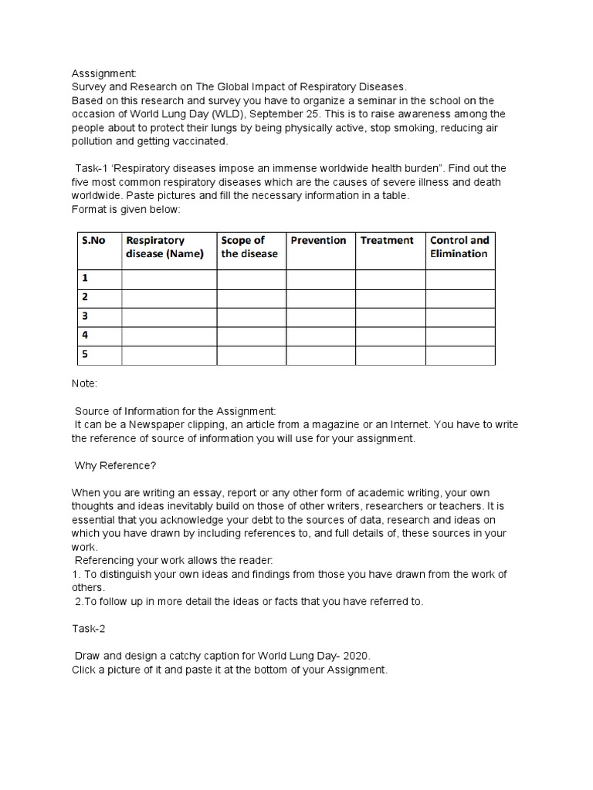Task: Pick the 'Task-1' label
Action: tap(92, 169)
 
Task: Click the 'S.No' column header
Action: tap(93, 241)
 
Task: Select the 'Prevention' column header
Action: tap(318, 241)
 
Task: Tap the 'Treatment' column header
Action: tap(387, 241)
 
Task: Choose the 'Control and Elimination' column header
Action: tap(459, 247)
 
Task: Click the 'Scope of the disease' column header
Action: tap(249, 247)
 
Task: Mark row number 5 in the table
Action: tap(85, 355)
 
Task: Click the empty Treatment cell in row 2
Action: tap(390, 298)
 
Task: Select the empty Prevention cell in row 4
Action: tap(320, 336)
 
